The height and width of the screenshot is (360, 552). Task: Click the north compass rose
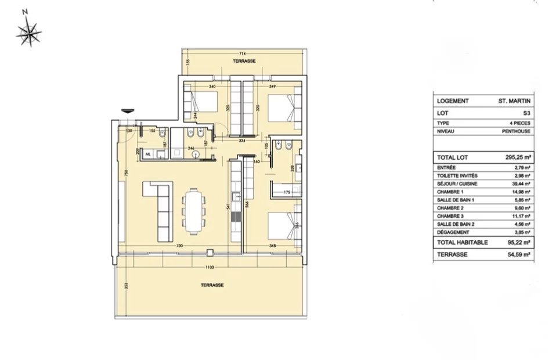[27, 29]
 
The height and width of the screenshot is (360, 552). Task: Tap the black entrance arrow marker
[127, 113]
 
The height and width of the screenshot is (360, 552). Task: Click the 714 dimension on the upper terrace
[243, 53]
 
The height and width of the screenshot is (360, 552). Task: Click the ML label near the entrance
[149, 154]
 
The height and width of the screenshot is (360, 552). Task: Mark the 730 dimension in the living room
[181, 246]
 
